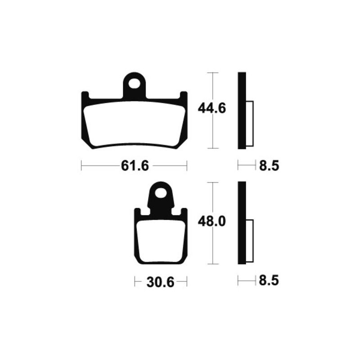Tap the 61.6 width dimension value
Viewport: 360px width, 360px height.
[x=134, y=166]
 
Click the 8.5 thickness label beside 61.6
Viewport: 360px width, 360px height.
[x=269, y=166]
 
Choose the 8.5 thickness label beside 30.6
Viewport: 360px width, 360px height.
[x=269, y=282]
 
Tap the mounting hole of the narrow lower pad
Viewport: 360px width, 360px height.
[x=161, y=193]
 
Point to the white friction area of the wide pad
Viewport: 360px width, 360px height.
[x=134, y=124]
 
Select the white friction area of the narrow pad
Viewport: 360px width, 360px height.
[x=161, y=241]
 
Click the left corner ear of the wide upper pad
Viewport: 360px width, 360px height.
[x=85, y=97]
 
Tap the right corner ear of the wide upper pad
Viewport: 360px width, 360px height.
[x=184, y=97]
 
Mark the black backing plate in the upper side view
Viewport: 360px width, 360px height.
[x=242, y=110]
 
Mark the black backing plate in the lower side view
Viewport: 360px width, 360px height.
[x=242, y=223]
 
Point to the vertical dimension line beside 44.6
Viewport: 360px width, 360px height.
[x=212, y=130]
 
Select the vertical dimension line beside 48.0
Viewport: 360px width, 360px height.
[x=212, y=247]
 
